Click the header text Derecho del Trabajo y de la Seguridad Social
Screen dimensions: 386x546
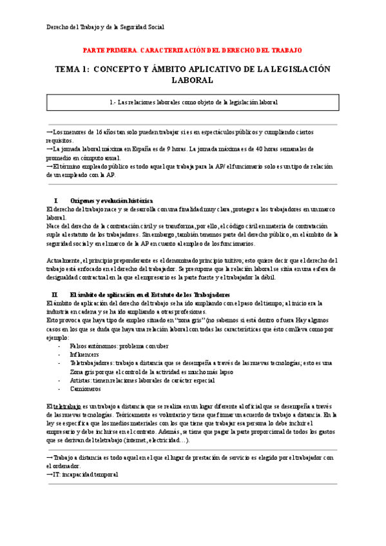[105, 27]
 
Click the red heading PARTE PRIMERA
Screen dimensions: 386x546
[110, 50]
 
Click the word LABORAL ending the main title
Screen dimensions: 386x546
[192, 80]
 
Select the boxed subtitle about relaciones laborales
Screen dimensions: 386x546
[193, 102]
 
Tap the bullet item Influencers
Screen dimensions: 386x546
[84, 354]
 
